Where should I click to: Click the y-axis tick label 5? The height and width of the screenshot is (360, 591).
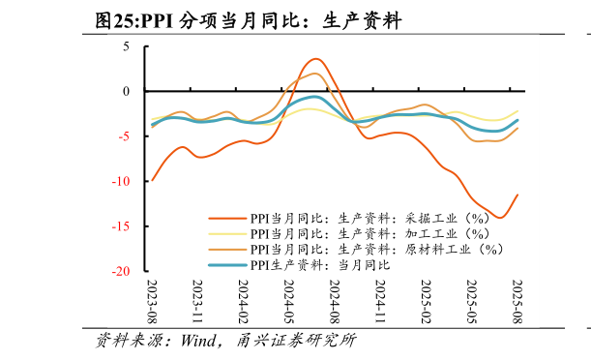click(126, 46)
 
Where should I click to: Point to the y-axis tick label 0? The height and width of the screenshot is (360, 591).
click(126, 92)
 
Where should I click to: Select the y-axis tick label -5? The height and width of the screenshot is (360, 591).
click(123, 136)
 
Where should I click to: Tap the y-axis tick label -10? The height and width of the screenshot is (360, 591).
click(121, 182)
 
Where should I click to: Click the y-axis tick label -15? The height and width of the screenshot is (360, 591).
click(121, 226)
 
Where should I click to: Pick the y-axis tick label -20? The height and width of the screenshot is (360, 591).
click(121, 272)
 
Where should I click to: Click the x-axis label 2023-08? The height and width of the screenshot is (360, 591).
click(152, 302)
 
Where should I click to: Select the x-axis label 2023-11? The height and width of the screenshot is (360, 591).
click(197, 302)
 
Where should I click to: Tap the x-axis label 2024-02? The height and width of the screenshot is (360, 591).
click(243, 302)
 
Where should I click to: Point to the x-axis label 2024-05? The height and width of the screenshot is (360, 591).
click(288, 302)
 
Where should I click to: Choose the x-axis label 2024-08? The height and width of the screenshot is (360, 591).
click(334, 302)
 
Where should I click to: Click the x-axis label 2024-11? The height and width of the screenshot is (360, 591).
click(380, 302)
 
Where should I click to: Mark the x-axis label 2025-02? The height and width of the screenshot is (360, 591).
click(426, 302)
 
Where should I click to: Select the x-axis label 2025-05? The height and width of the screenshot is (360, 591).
click(471, 302)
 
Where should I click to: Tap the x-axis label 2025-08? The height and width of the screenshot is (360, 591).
click(517, 302)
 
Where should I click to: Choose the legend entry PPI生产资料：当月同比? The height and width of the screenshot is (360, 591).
click(319, 264)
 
